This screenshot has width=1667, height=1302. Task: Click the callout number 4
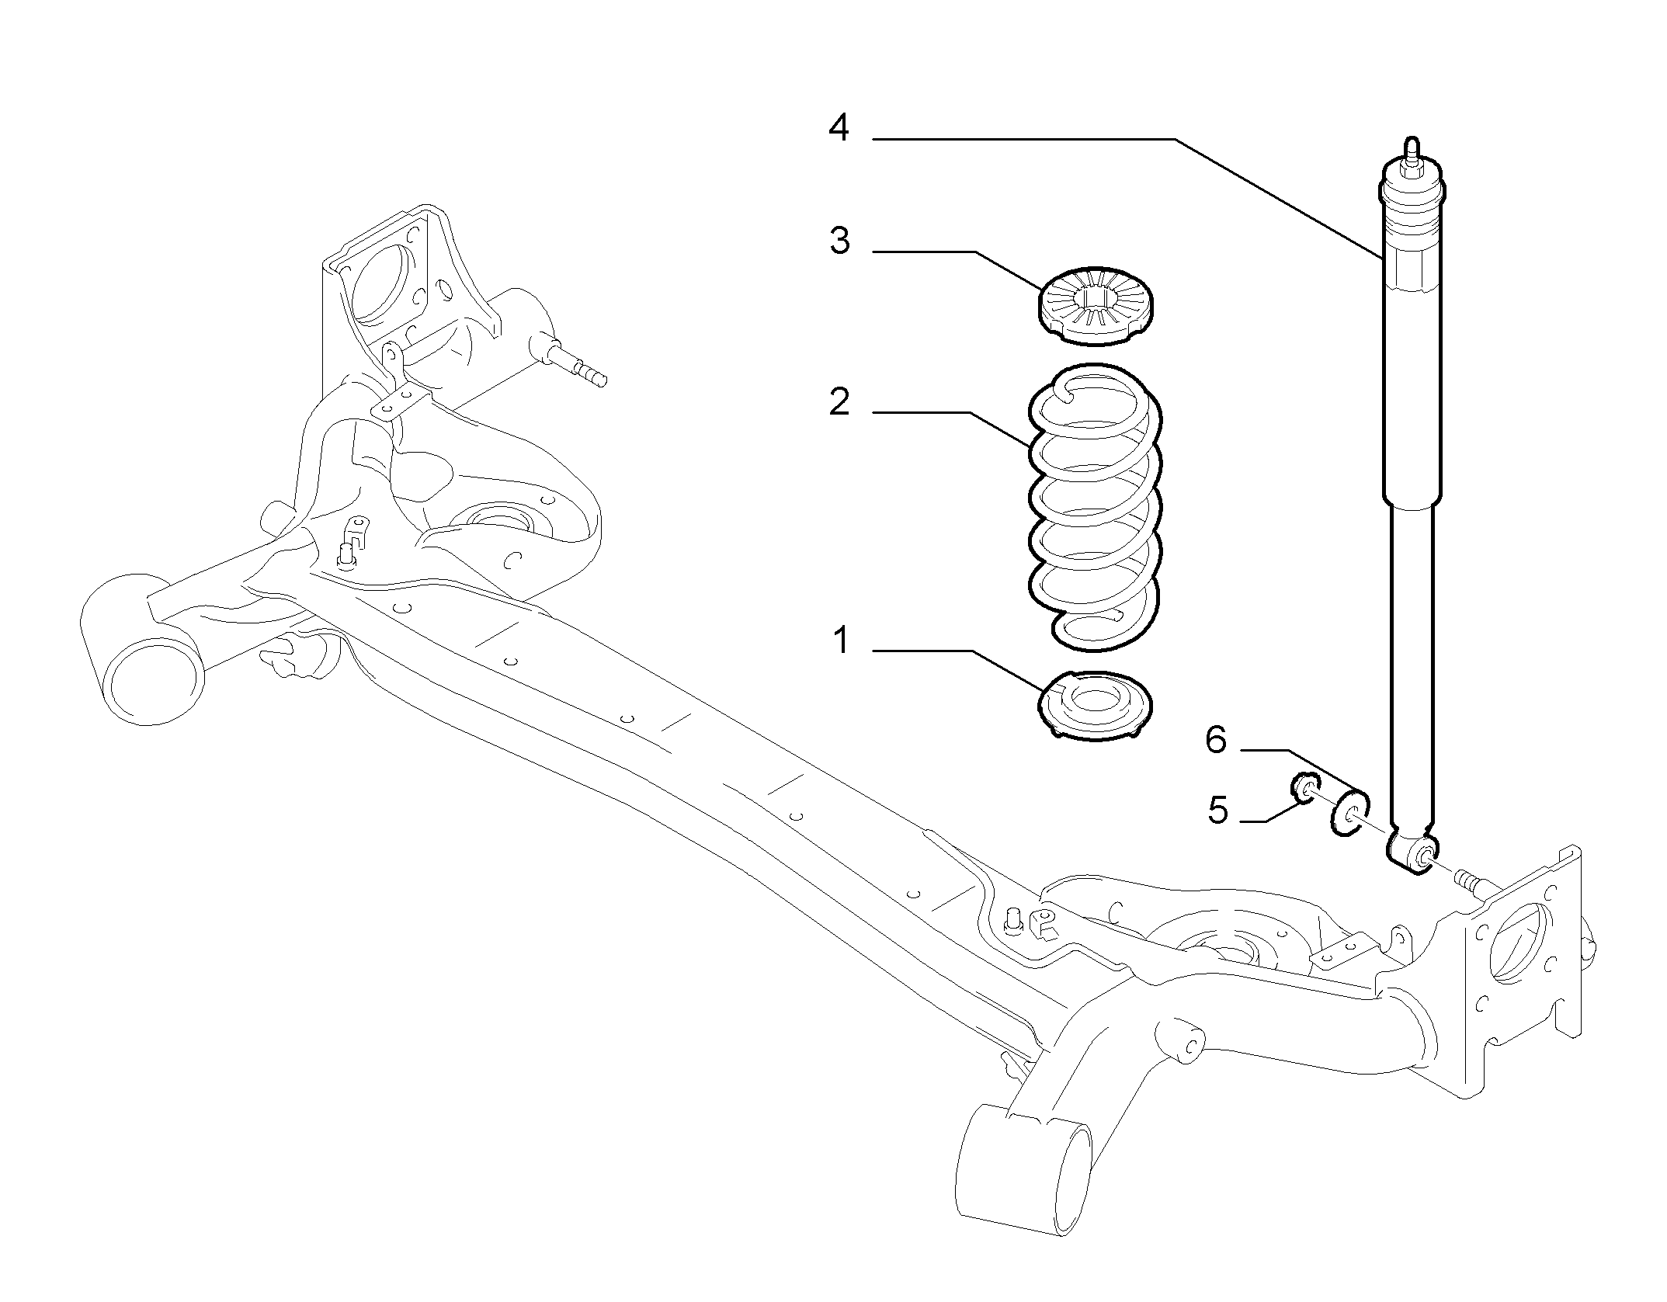click(839, 128)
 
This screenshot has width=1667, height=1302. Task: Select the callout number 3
click(839, 241)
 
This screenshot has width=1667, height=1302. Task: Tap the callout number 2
click(839, 402)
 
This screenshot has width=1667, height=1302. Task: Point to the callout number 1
click(840, 641)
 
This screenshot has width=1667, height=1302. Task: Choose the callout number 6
click(1216, 740)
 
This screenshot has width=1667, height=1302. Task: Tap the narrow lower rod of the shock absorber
click(1412, 672)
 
